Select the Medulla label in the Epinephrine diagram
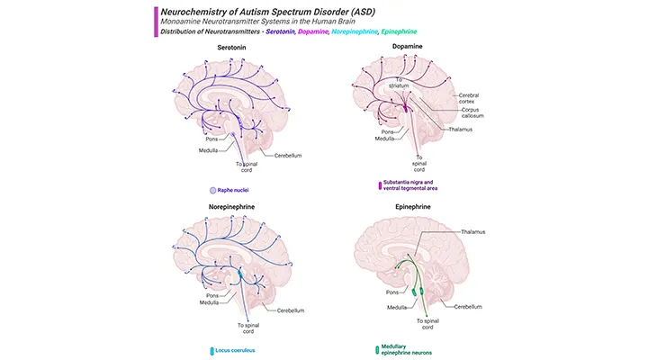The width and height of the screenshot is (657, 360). [385, 305]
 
